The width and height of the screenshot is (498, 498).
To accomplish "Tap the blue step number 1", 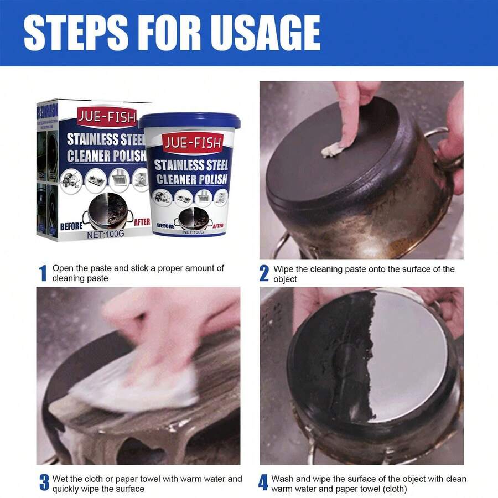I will coord(43,273).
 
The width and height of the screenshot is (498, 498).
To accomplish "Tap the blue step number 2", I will coord(264,273).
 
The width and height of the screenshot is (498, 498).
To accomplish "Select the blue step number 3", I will coord(43,483).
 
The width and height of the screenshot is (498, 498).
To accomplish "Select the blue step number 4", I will coord(263,483).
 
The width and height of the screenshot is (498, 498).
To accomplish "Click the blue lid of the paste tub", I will coord(189,121).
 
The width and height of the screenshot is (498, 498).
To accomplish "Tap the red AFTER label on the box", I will coord(142,222).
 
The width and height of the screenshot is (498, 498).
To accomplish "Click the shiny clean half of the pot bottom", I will coord(409,354).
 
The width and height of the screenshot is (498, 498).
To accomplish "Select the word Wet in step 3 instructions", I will coord(60,479).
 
